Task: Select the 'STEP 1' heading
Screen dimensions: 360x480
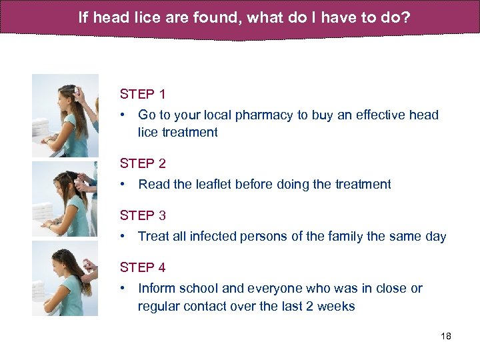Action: pos(143,94)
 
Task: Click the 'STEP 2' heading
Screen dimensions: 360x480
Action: pos(143,163)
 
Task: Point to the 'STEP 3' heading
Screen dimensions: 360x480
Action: pos(143,215)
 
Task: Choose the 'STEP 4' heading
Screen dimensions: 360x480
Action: pos(143,267)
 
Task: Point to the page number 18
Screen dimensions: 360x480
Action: pos(446,336)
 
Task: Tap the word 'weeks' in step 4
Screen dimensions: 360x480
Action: pos(337,307)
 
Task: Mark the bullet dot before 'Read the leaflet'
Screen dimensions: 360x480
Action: pos(123,185)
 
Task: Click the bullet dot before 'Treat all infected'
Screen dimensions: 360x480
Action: pos(123,237)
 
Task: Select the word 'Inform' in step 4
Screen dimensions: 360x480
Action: pos(155,289)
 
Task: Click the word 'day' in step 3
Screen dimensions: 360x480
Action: pos(435,237)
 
